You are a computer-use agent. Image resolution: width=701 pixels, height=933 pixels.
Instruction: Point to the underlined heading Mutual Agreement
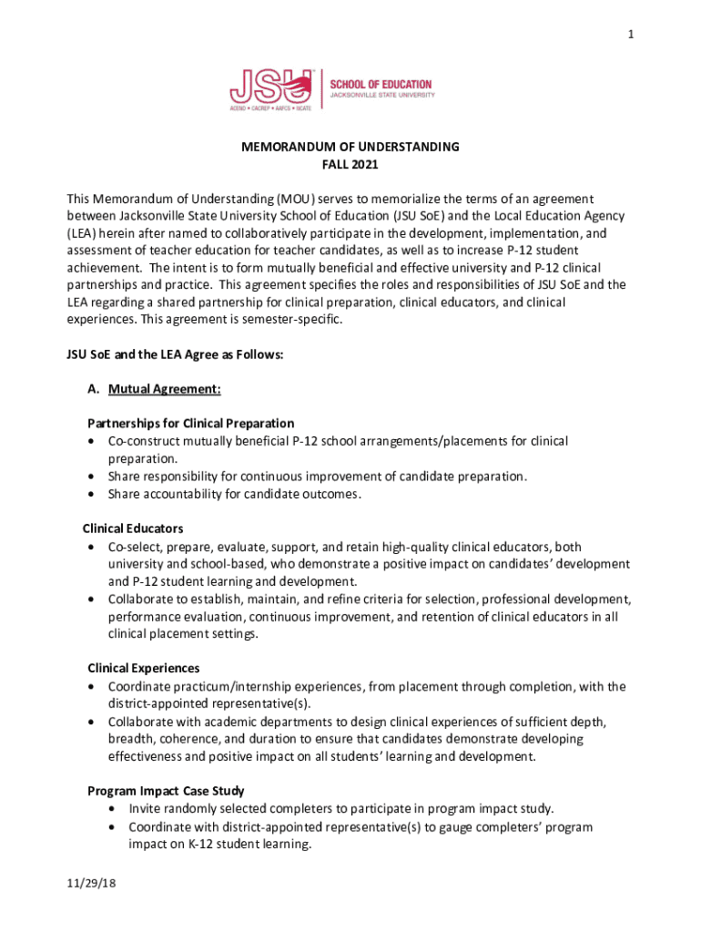tap(164, 389)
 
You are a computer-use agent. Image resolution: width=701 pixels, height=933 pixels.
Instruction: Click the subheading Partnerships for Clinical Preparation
tap(190, 424)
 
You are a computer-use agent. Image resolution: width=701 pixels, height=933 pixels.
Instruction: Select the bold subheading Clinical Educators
tap(133, 528)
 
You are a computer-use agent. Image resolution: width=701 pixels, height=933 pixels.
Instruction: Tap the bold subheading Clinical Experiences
tap(143, 669)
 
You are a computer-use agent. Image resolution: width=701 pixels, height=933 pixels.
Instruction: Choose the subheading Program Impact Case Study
tap(165, 791)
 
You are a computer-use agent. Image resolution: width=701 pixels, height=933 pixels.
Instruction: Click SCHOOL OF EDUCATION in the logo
tap(381, 85)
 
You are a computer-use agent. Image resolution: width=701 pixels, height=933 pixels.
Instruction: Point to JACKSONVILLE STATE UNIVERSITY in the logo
tap(381, 95)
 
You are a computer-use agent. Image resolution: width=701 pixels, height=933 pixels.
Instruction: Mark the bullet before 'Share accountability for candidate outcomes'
tap(92, 495)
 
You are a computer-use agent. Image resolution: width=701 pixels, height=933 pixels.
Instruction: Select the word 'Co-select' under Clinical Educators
tap(133, 547)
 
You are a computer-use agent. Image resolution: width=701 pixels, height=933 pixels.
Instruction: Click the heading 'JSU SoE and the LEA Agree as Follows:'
tap(175, 354)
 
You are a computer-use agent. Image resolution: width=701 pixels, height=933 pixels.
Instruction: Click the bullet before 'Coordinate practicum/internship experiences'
tap(92, 687)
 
